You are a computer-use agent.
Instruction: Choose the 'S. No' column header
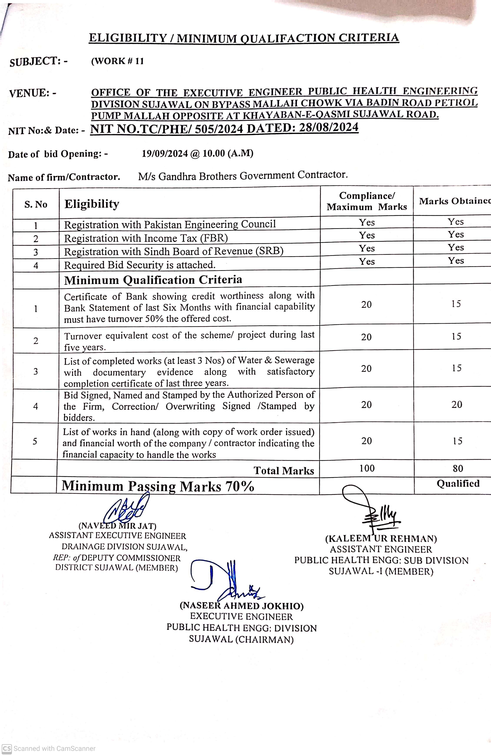[x=36, y=204]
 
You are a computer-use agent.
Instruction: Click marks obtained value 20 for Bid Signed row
[x=456, y=404]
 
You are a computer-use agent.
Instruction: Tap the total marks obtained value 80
[x=458, y=468]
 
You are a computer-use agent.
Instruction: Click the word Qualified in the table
[x=458, y=483]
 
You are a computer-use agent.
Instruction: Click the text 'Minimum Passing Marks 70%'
[x=158, y=486]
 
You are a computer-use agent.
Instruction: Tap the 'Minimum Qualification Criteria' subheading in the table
[x=153, y=280]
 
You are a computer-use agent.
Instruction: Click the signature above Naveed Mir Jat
[x=127, y=510]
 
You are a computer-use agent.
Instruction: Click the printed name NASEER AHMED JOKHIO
[x=241, y=606]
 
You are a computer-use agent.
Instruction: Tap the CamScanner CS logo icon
[x=7, y=748]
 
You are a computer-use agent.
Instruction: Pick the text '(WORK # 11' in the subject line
[x=117, y=61]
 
